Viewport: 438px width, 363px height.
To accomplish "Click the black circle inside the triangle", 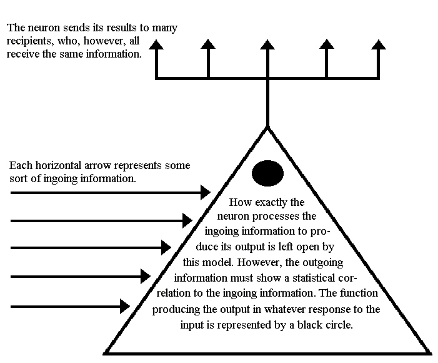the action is (x=267, y=173).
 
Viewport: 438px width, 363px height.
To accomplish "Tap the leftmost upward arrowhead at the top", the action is (x=156, y=44).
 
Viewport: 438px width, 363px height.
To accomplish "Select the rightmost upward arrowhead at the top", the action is (x=379, y=44).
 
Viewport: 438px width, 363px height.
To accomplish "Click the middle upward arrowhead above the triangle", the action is (x=267, y=44).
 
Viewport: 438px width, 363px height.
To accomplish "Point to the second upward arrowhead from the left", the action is (x=208, y=44).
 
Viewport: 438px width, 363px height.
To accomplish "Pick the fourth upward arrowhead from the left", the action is (x=327, y=44).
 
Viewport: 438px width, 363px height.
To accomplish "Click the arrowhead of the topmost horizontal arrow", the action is (x=206, y=192).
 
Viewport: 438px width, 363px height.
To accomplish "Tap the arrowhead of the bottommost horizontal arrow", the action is (x=125, y=307).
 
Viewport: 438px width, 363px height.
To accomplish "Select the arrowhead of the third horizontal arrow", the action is (x=166, y=247).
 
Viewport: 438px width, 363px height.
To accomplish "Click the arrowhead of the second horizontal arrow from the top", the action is (x=187, y=220).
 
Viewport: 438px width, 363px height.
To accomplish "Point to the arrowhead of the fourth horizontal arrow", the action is (x=146, y=277).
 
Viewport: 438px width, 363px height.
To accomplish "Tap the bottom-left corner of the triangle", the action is (x=105, y=353).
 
